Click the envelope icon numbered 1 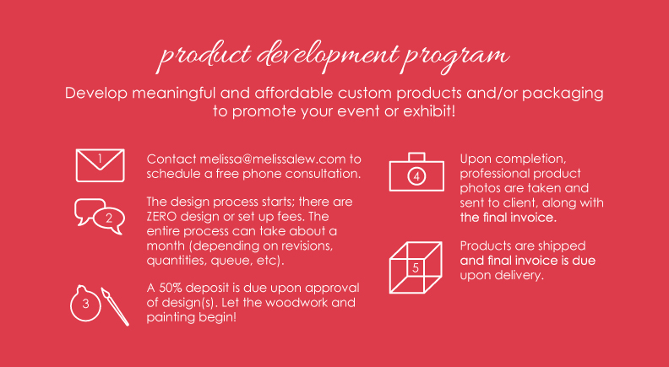point(101,149)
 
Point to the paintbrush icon point(115,306)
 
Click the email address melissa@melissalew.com point(272,159)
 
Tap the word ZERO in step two point(161,217)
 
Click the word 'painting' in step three point(170,318)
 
